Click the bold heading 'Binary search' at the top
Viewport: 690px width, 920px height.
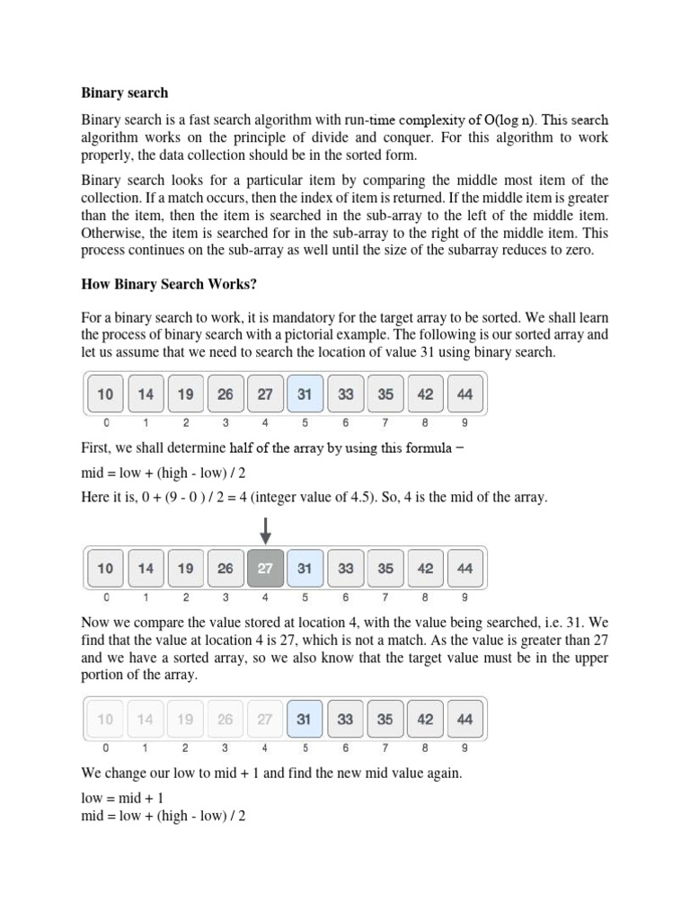coord(125,93)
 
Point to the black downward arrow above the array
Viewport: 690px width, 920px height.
coord(265,531)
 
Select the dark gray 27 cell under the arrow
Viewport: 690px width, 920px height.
coord(265,569)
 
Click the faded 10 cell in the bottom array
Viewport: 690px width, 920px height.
coord(106,719)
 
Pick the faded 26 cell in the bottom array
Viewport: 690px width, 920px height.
coord(226,719)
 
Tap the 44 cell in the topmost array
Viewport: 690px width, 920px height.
coord(464,394)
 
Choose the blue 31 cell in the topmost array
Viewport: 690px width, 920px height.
coord(305,394)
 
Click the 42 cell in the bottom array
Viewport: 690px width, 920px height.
coord(425,719)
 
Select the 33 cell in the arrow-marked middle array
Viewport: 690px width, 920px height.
coord(345,569)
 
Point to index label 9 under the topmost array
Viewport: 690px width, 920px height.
coord(464,421)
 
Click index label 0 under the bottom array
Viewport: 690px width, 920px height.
coord(106,747)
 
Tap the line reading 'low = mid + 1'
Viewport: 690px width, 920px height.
coord(123,798)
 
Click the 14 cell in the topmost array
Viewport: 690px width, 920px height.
coord(146,394)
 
